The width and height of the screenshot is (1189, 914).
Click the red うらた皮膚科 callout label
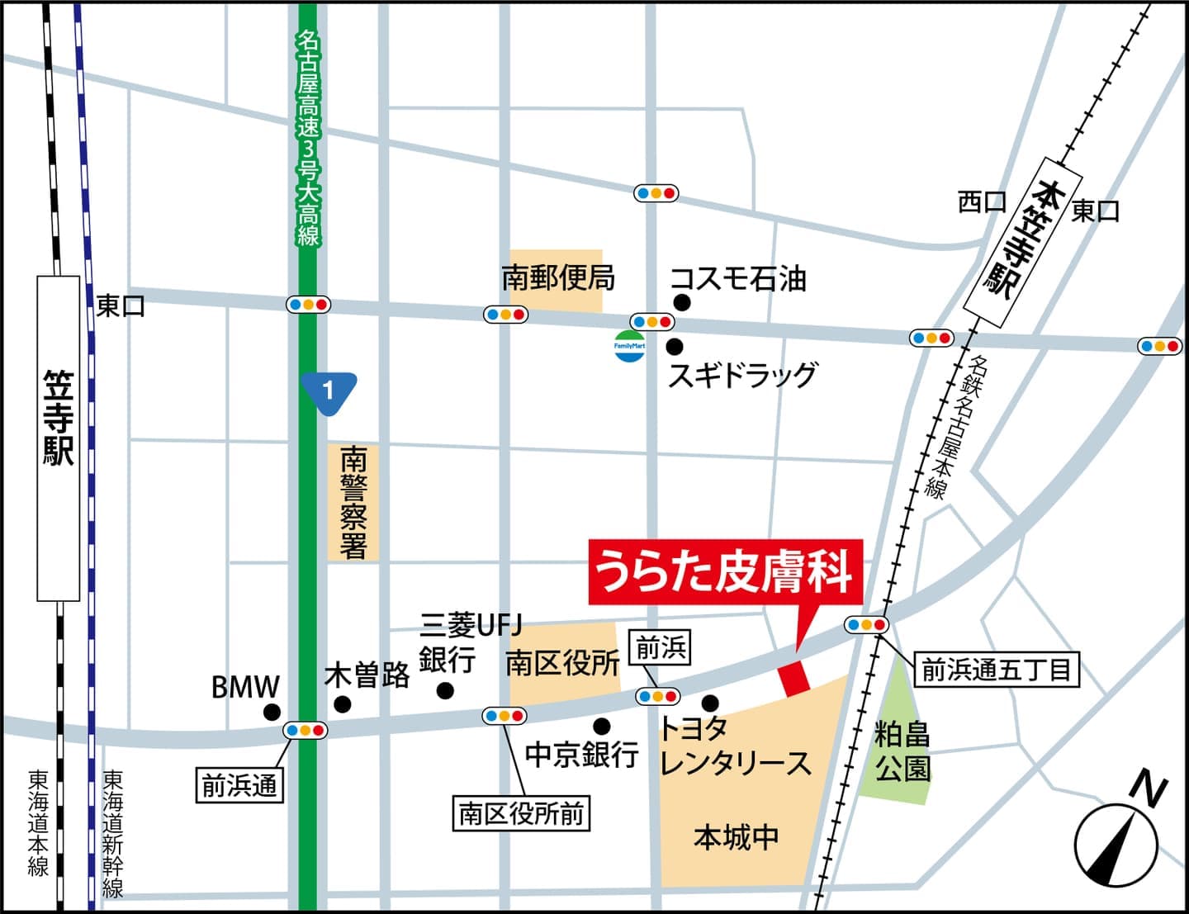tap(725, 572)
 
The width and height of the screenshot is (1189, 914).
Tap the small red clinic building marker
tap(794, 678)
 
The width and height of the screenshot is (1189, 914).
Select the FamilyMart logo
tap(629, 346)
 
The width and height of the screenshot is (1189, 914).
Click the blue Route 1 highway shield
tap(329, 391)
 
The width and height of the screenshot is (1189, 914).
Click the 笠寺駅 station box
tap(59, 438)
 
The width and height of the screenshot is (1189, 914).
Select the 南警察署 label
tap(353, 504)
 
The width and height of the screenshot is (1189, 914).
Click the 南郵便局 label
tap(558, 279)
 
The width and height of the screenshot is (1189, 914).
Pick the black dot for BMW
tap(271, 712)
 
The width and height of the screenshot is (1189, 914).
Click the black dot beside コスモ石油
tap(680, 301)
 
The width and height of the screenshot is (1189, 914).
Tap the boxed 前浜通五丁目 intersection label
tap(996, 670)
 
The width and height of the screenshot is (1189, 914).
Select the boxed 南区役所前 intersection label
tap(521, 814)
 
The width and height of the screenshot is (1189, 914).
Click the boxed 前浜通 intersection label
tap(239, 785)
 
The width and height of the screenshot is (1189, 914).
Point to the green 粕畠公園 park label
tap(902, 751)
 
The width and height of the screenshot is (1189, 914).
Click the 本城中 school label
tap(736, 837)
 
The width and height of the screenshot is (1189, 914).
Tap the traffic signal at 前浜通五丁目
tap(866, 625)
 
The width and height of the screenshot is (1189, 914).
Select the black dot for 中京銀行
tap(602, 726)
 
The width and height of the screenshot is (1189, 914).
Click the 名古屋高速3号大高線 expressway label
tap(308, 139)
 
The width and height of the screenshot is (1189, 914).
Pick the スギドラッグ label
tap(741, 375)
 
